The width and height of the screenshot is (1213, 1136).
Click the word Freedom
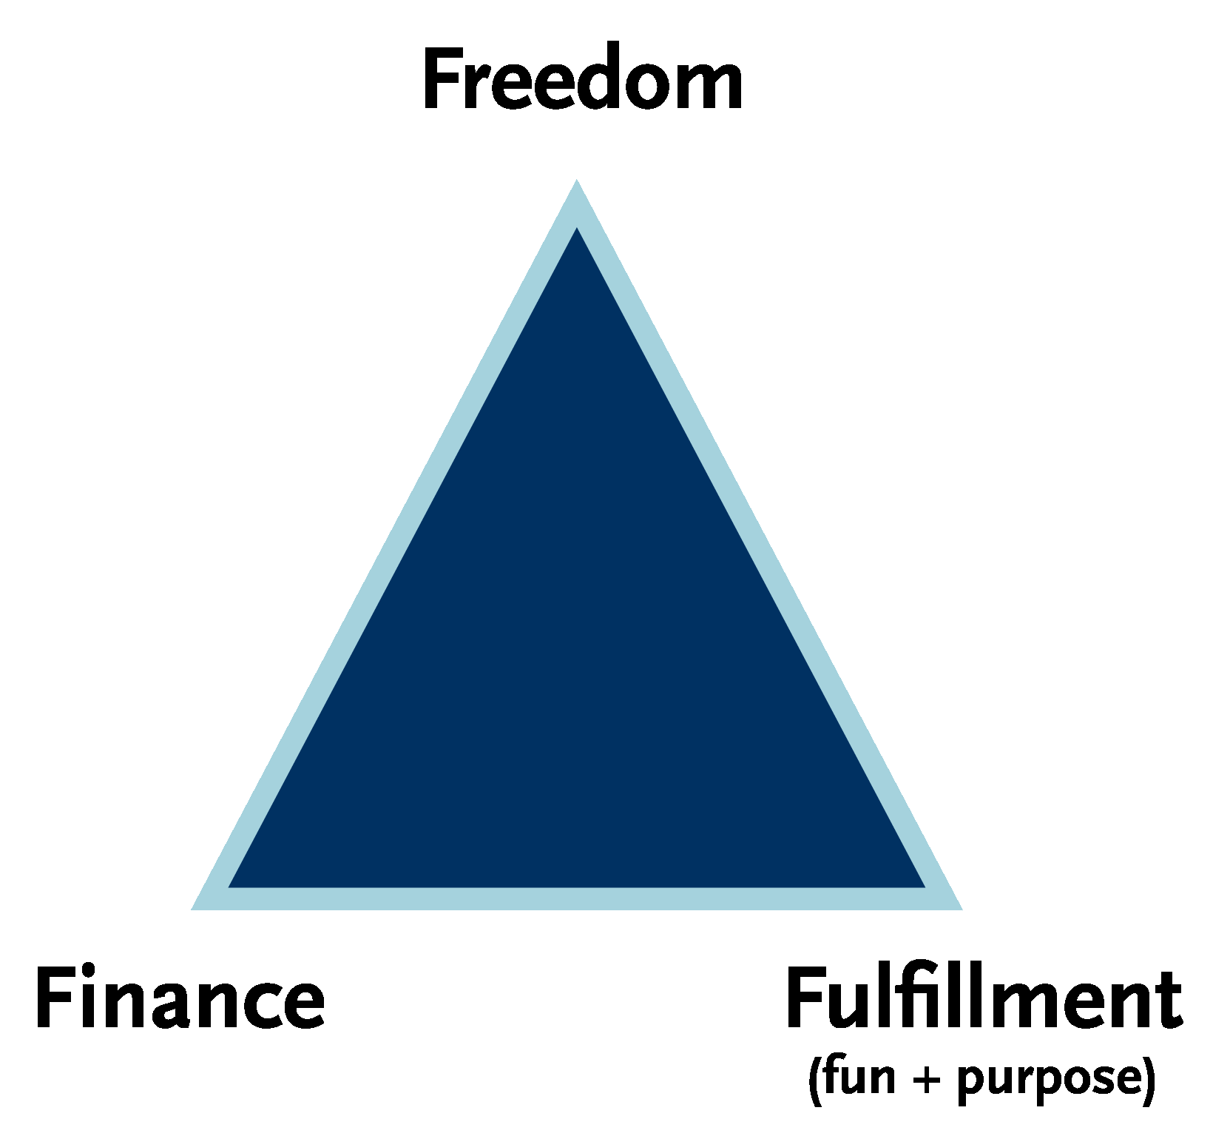pyautogui.click(x=583, y=81)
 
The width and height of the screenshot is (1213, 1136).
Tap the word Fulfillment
pyautogui.click(x=983, y=996)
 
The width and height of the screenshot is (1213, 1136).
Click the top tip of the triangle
pyautogui.click(x=577, y=180)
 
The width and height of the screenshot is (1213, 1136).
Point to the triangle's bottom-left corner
pyautogui.click(x=192, y=909)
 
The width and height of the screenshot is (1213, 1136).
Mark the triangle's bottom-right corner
pyautogui.click(x=962, y=909)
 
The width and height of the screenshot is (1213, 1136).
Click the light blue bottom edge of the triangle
pyautogui.click(x=577, y=898)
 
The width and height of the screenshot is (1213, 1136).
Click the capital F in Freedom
pyautogui.click(x=443, y=81)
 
